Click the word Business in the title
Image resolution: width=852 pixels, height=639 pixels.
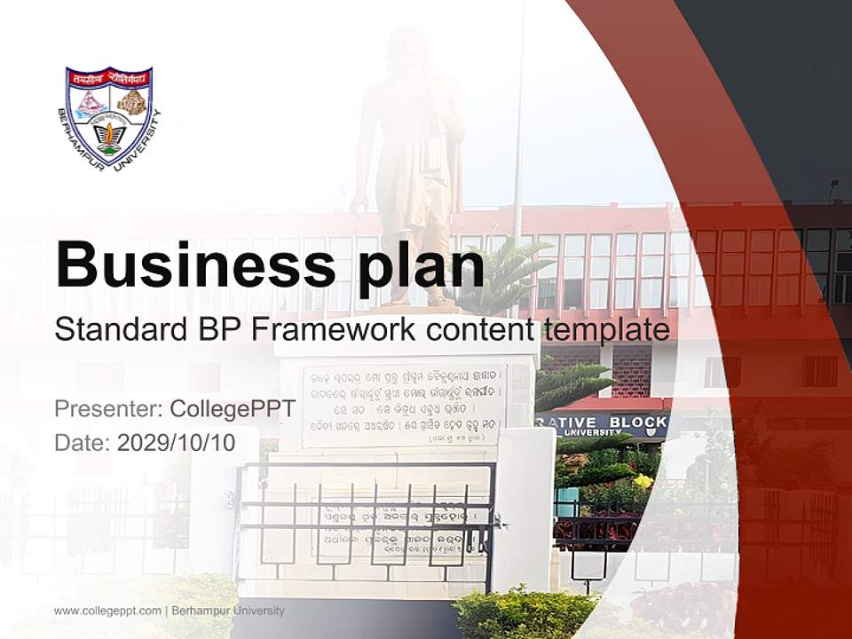point(195,264)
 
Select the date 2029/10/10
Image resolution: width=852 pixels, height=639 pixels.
point(177,443)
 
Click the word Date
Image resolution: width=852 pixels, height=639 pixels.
point(82,443)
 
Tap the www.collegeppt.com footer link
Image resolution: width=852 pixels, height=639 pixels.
point(107,611)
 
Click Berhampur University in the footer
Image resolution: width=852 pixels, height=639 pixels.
point(228,611)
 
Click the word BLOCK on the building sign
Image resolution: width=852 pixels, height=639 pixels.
point(637,422)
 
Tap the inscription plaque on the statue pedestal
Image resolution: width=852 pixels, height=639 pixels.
point(404,404)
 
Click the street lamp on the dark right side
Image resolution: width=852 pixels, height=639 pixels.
point(833,188)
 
